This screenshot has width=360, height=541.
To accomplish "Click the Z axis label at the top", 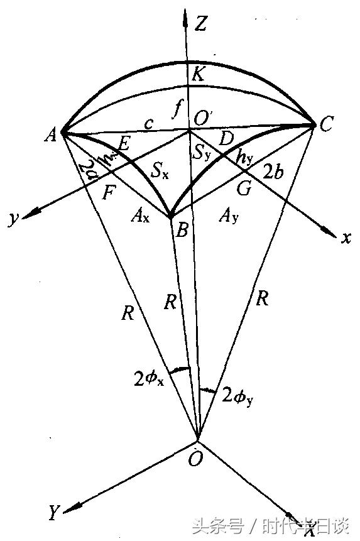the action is [x=201, y=25].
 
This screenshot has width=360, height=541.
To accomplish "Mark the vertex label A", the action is [x=50, y=134].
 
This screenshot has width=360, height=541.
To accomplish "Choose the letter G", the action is [x=244, y=187].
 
